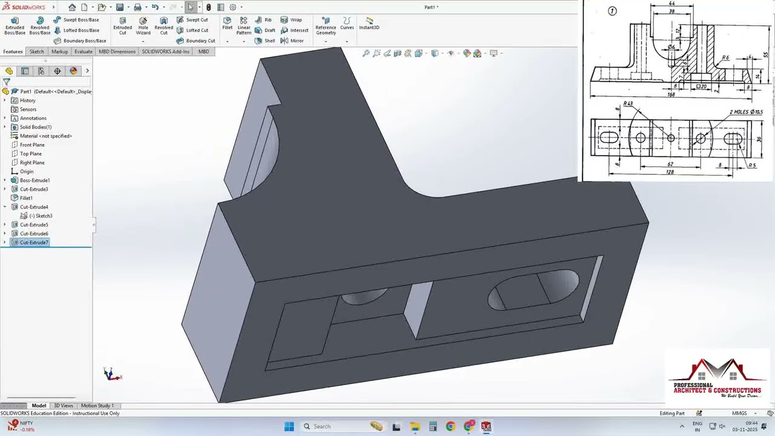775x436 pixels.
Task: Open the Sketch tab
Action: (x=37, y=51)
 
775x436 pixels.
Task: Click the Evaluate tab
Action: (x=83, y=51)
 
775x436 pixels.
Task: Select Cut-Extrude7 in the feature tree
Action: (x=34, y=242)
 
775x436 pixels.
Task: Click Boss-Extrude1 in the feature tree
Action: (x=35, y=180)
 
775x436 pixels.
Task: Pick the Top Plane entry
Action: (x=31, y=154)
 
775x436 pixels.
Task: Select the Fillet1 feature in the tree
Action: (x=26, y=198)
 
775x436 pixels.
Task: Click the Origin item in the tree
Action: (x=27, y=171)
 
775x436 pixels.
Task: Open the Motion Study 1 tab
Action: (x=97, y=406)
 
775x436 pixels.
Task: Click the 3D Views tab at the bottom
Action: (x=63, y=406)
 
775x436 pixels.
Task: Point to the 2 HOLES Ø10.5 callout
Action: (x=746, y=112)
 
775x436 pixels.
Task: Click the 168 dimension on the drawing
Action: (x=671, y=95)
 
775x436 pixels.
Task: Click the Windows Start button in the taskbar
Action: (x=289, y=426)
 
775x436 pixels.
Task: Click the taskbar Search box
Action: (x=333, y=426)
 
